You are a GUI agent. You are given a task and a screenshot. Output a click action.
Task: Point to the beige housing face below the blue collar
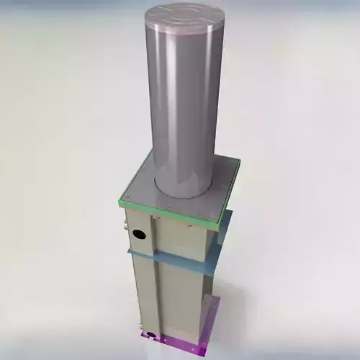tap(173, 295)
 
